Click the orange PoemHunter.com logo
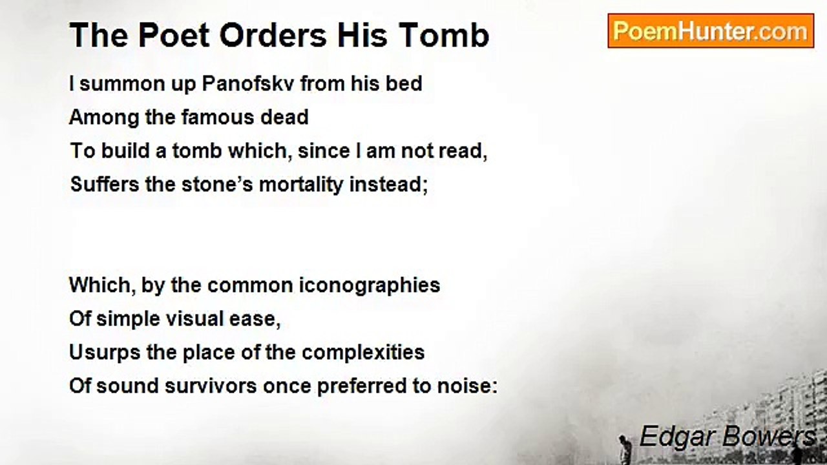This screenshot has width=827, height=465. [x=711, y=31]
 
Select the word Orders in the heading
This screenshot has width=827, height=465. [x=273, y=36]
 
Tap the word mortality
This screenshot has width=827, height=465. [x=301, y=185]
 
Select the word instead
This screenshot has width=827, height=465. [x=388, y=184]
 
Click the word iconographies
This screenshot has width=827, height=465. [x=370, y=285]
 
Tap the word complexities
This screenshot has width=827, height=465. [x=363, y=353]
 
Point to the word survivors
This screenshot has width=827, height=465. [x=211, y=386]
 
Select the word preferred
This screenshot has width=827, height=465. [x=361, y=387]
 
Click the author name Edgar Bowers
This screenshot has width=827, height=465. [x=727, y=436]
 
